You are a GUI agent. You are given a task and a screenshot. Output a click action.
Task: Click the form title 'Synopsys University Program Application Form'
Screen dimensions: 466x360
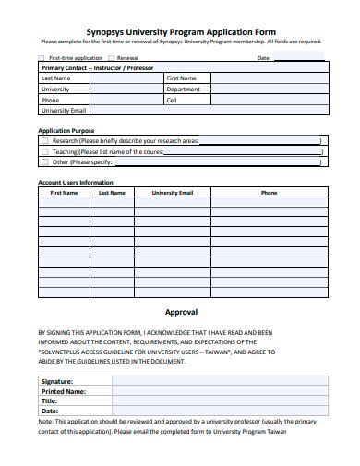tap(180, 30)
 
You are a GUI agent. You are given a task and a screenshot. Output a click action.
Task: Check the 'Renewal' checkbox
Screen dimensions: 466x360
tap(110, 57)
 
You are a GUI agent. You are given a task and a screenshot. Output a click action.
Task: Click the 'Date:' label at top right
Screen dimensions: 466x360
tap(262, 57)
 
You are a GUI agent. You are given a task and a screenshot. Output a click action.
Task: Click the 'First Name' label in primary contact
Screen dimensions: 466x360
tap(180, 78)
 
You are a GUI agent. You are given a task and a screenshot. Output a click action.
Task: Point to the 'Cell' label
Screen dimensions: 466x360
tap(171, 100)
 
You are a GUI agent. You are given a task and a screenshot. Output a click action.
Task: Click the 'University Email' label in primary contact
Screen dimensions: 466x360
tap(63, 110)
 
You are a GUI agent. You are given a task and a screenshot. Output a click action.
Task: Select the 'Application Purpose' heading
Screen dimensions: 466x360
tap(66, 131)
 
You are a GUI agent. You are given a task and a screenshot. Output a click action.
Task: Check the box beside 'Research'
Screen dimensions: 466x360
tap(45, 141)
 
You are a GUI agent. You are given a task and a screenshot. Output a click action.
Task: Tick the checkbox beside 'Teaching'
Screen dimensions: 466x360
tap(45, 151)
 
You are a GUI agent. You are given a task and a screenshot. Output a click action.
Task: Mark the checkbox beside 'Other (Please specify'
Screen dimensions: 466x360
tap(45, 161)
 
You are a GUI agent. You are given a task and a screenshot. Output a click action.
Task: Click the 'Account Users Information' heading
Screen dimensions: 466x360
tap(75, 183)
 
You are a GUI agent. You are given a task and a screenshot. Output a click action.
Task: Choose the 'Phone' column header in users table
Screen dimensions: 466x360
tap(269, 194)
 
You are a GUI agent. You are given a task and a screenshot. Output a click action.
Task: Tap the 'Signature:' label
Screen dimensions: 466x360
tap(57, 380)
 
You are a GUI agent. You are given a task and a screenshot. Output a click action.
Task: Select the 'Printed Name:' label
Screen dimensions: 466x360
tap(63, 391)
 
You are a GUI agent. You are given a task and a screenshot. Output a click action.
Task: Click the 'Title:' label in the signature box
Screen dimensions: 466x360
tap(50, 401)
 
